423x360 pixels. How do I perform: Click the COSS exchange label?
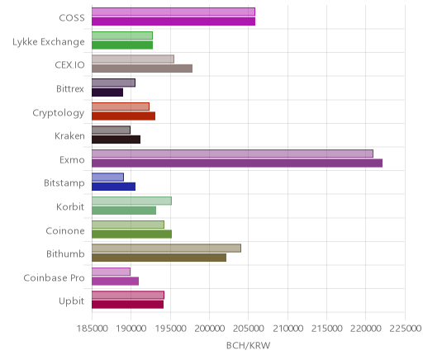coord(72,18)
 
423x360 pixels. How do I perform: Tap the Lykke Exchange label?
coord(49,42)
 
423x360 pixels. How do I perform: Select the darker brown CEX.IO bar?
coord(142,69)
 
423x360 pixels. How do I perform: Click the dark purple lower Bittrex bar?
coord(107,92)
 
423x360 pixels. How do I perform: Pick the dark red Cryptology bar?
coord(124,116)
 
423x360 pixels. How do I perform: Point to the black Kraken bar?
coord(116,140)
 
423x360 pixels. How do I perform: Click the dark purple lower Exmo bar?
coord(237,163)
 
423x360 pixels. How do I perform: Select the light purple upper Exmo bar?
coord(233,154)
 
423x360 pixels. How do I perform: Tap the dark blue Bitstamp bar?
coord(114,187)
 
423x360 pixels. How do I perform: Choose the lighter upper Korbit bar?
coord(132,201)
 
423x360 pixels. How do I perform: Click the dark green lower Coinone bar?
coord(132,234)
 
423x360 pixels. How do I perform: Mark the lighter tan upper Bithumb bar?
coord(167,248)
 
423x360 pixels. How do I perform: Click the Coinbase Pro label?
coord(54,277)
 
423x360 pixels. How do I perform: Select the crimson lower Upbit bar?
coord(128,305)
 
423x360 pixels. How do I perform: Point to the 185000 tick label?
coord(92,329)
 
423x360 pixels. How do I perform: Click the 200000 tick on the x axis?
coord(209,329)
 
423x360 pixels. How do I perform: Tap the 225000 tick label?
coord(405,329)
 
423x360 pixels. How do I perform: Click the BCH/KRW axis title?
coord(248,345)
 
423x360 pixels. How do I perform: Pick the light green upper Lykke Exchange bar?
coord(122,36)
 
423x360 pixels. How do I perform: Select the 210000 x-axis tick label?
coord(288,329)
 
